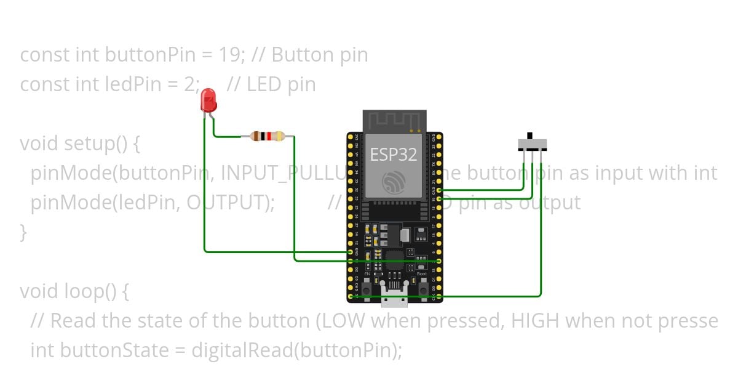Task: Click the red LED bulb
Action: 208,100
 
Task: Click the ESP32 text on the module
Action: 393,154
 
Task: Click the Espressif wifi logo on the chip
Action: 393,182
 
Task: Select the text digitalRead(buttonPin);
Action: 297,350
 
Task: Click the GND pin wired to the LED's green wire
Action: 351,252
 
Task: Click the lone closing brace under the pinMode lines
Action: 23,232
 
